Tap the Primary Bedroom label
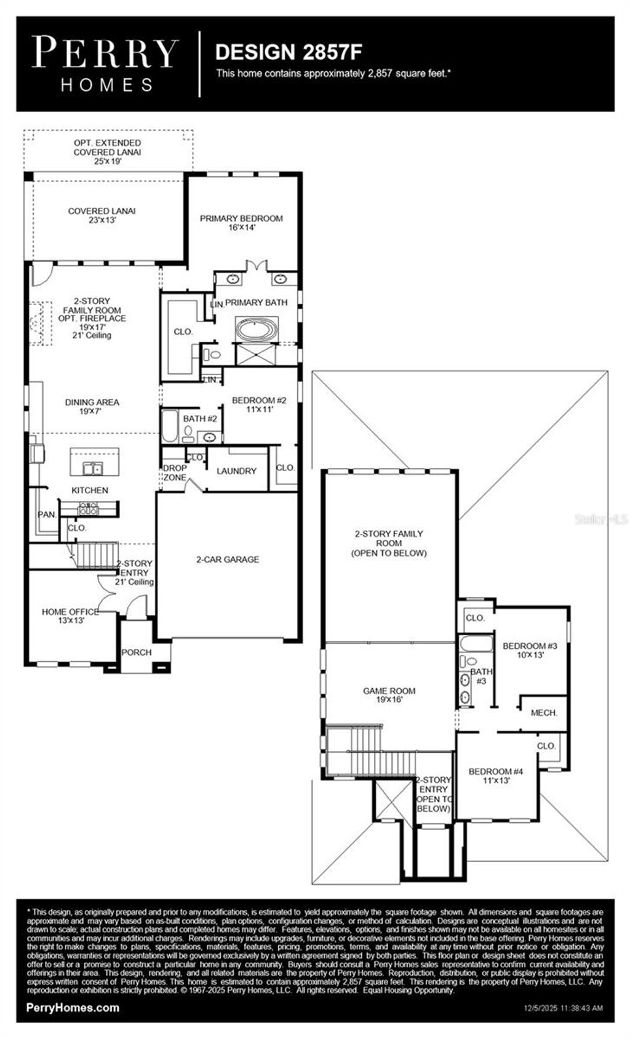click(x=241, y=223)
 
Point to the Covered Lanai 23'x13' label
click(x=102, y=215)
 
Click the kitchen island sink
click(x=94, y=469)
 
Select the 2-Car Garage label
click(x=228, y=560)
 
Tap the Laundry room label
click(x=236, y=471)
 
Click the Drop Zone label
click(x=174, y=473)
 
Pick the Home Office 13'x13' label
click(x=70, y=616)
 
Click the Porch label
click(x=137, y=652)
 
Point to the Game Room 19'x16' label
click(x=389, y=695)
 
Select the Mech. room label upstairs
click(x=544, y=713)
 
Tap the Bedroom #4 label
click(x=495, y=775)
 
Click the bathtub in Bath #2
click(x=170, y=427)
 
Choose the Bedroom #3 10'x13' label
click(x=530, y=650)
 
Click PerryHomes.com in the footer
click(x=73, y=1008)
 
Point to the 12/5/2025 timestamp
click(x=563, y=1008)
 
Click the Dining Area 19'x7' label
click(x=92, y=406)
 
